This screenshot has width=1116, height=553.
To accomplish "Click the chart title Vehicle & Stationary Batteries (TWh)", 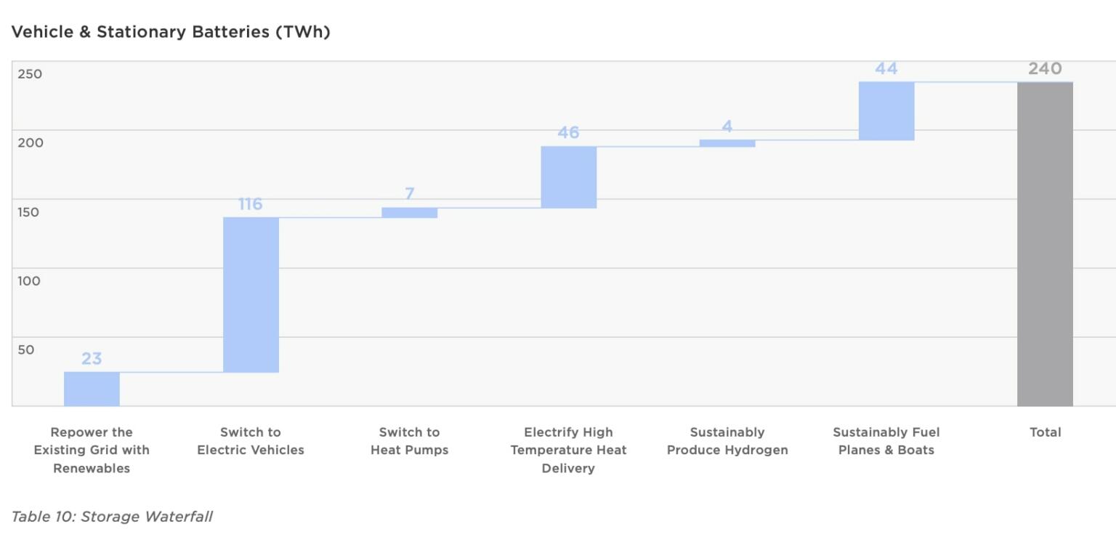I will [x=171, y=32].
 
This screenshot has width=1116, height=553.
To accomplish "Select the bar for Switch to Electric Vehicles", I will [x=251, y=294].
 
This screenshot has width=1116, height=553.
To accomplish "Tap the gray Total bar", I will [x=1045, y=243].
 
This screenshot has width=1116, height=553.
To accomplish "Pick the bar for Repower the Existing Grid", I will [x=92, y=389].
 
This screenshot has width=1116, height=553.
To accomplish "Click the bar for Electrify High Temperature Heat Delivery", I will [x=568, y=177].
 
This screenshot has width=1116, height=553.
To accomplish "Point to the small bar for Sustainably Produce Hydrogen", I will [x=727, y=143].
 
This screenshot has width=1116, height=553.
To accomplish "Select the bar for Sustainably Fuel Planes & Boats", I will [x=886, y=110].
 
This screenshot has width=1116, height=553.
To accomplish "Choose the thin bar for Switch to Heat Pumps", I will [x=410, y=212].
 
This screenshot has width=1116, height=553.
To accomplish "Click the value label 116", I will [x=251, y=204].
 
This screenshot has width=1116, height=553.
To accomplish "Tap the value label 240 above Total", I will [x=1045, y=69].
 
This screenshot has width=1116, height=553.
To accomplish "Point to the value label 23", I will [x=92, y=359].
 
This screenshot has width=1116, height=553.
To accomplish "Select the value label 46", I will [x=568, y=133].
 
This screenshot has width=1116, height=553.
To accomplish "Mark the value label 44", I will [x=886, y=69].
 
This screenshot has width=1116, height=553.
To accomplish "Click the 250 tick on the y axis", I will [x=30, y=74].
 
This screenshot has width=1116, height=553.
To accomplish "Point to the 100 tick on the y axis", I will [x=30, y=280].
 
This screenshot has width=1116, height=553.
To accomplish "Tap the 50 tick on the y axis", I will [x=26, y=350].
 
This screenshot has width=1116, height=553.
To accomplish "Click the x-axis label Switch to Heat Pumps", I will [x=410, y=441].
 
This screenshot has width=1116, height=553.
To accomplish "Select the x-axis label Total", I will [x=1045, y=432].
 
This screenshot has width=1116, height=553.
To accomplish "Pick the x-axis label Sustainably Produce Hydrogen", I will [x=727, y=441].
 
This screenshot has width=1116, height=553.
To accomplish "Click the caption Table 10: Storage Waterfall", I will [x=112, y=517].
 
